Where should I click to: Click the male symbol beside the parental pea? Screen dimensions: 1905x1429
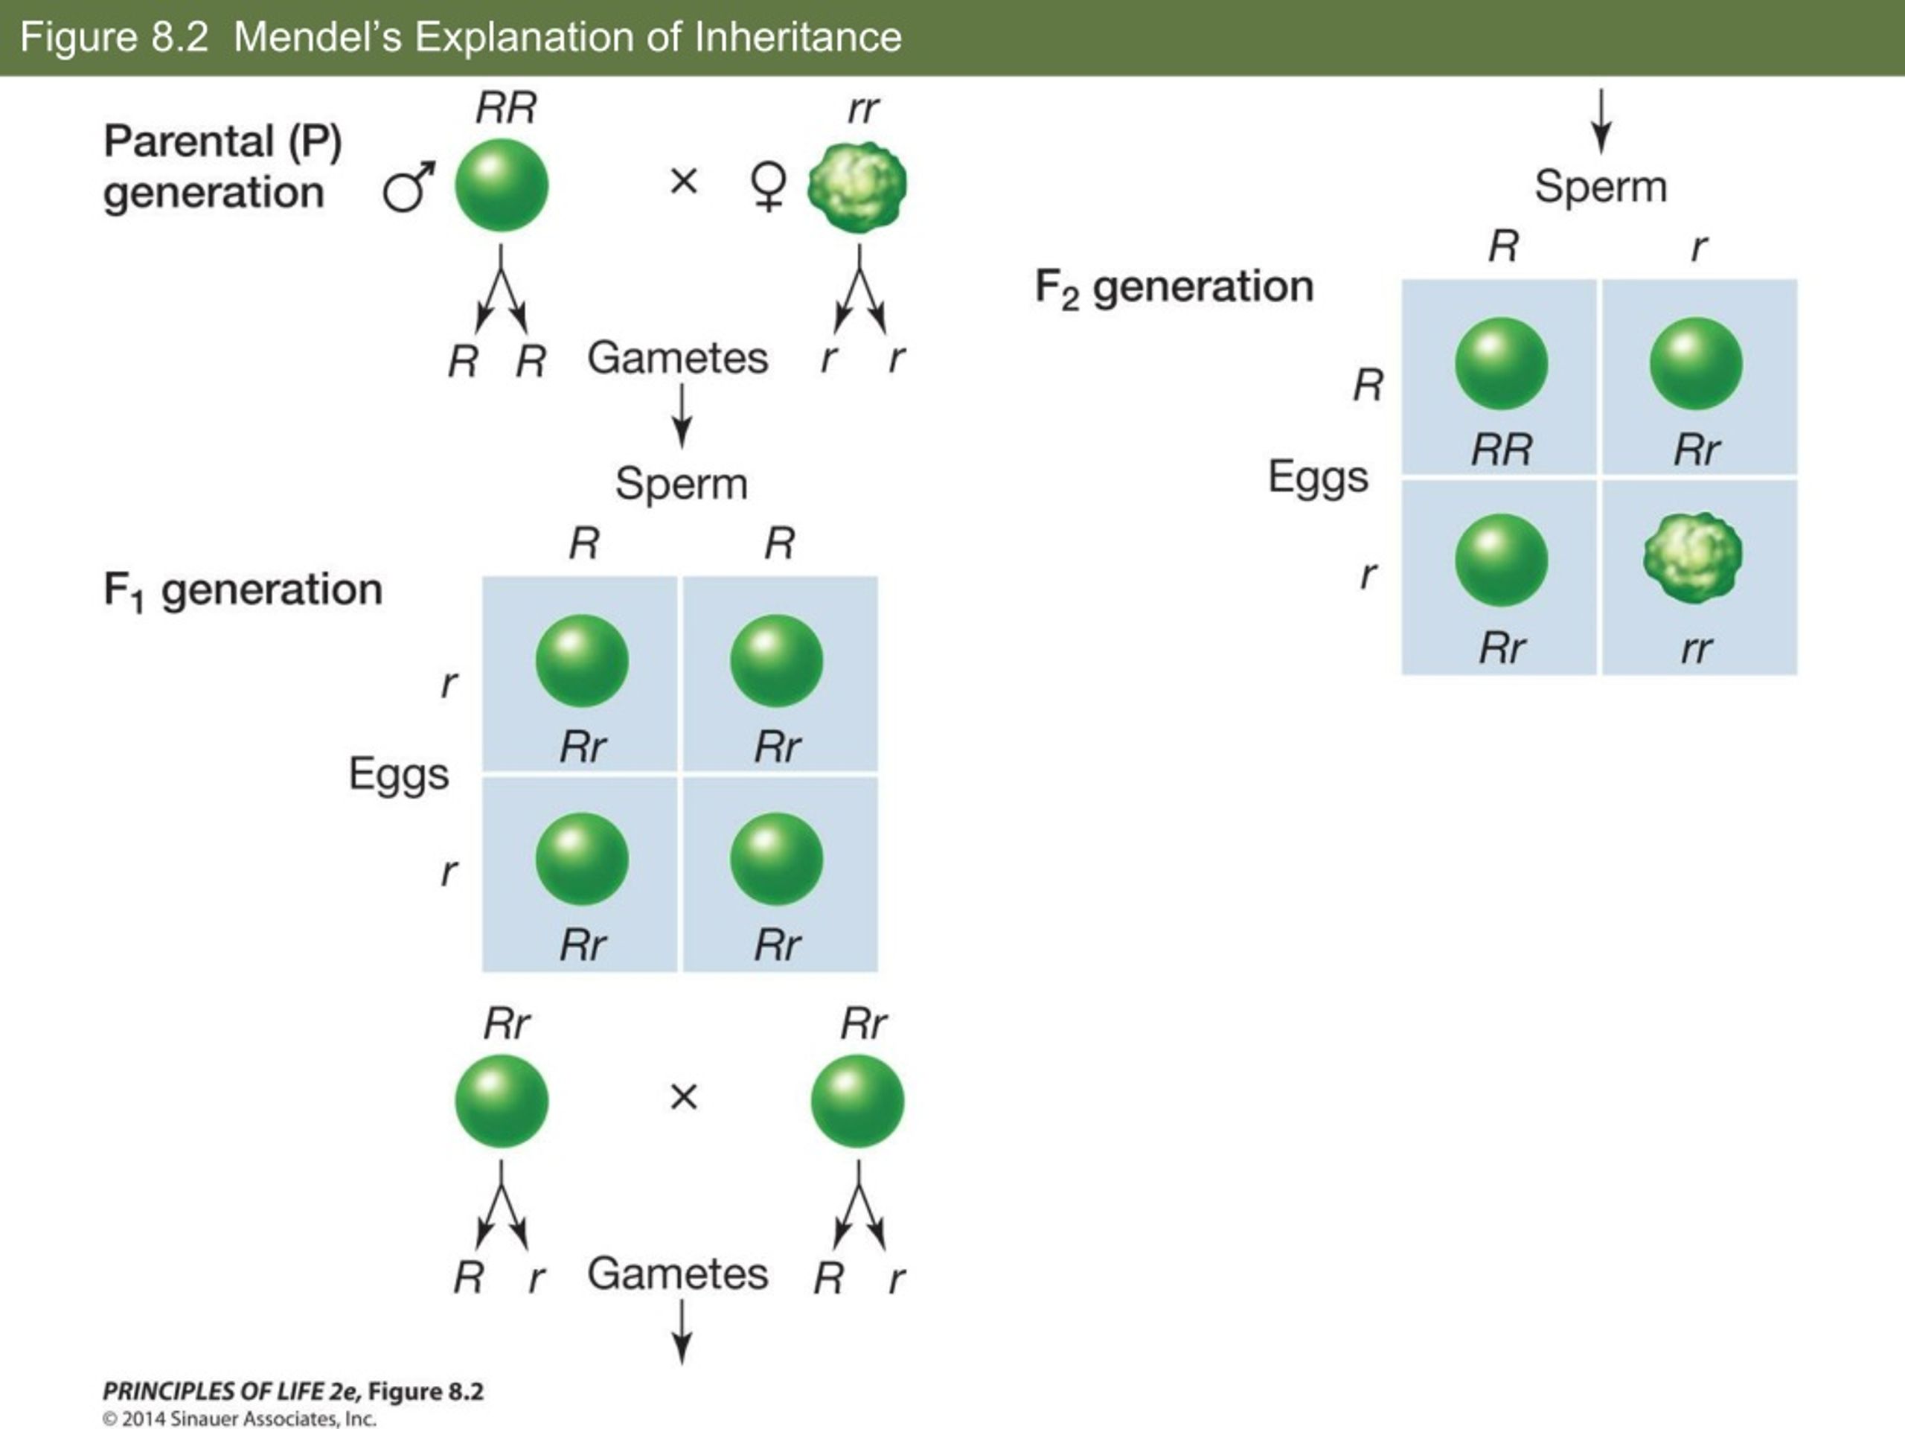click(409, 187)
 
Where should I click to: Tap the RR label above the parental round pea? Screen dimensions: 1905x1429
click(507, 109)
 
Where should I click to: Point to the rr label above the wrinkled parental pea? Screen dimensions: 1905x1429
click(863, 110)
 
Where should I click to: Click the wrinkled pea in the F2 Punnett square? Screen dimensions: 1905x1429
click(1693, 558)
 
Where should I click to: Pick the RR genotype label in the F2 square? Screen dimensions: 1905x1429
click(1501, 450)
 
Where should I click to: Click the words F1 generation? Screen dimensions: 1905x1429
click(243, 591)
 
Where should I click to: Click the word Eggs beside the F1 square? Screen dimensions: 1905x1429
click(399, 774)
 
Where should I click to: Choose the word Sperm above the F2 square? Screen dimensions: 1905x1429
click(1601, 187)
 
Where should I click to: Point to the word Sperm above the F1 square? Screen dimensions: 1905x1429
click(681, 484)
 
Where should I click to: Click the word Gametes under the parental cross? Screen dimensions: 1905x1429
click(678, 358)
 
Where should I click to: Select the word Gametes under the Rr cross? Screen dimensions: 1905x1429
click(678, 1274)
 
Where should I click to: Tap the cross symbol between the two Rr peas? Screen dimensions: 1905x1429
click(684, 1096)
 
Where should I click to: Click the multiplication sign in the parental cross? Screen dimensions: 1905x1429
click(684, 181)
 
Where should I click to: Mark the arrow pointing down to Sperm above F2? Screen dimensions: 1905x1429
click(1601, 121)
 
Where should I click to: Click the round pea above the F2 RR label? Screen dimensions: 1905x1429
click(1501, 362)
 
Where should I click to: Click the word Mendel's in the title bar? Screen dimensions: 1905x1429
click(318, 38)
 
